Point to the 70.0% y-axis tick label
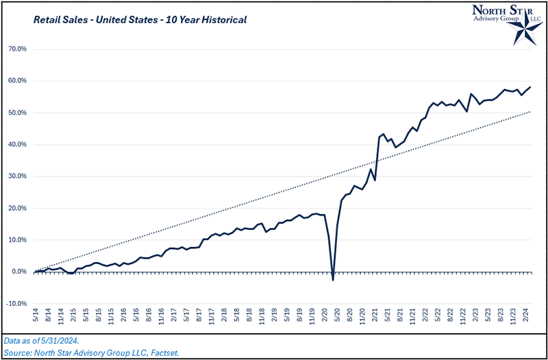click(x=16, y=49)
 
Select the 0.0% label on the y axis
click(x=18, y=272)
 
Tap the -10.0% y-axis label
click(x=16, y=303)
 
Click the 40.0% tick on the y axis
click(x=16, y=144)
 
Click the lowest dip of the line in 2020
click(x=333, y=279)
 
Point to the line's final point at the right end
click(x=530, y=87)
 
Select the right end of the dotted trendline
click(x=530, y=112)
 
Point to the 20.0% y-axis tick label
click(x=16, y=208)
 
